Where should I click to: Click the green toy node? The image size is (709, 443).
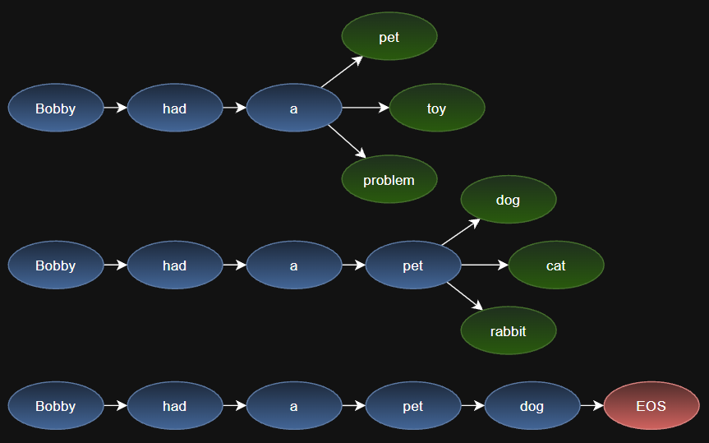437,108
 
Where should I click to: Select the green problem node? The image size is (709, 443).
389,179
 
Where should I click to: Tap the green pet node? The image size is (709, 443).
389,36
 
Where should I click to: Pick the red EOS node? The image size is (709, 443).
651,405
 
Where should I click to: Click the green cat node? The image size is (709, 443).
556,265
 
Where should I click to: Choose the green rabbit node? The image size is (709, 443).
509,330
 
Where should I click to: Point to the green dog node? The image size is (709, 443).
509,199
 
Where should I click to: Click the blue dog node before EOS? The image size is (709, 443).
532,405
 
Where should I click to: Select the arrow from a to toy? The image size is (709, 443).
366,108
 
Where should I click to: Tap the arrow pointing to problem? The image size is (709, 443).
347,141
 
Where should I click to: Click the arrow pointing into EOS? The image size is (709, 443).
592,405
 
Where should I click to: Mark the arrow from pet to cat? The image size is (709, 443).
485,265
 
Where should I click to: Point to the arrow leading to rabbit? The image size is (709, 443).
465,296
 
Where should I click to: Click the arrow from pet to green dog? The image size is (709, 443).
461,232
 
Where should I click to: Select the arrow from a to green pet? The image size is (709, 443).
342,72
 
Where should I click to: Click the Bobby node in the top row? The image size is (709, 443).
56,108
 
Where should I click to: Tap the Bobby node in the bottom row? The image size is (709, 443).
56,405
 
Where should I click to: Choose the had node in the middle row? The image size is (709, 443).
175,265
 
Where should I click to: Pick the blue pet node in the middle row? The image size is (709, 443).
413,265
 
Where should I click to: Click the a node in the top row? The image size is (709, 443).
294,108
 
